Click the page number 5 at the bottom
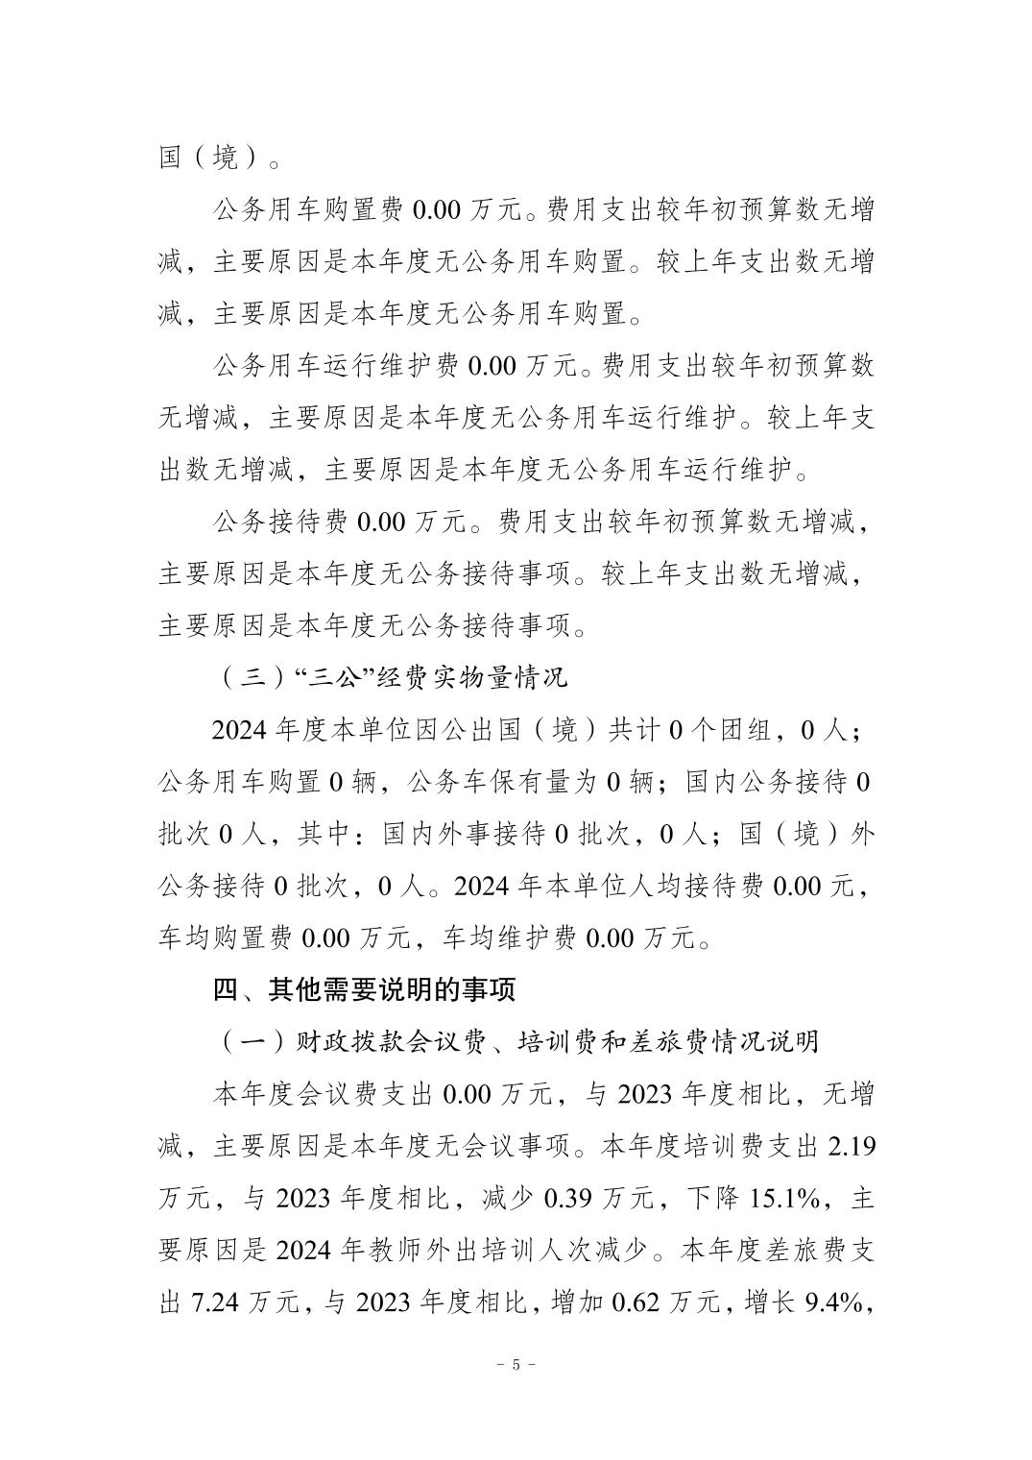[516, 1364]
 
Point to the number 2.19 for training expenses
[851, 1146]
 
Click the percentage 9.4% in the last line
[835, 1302]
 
